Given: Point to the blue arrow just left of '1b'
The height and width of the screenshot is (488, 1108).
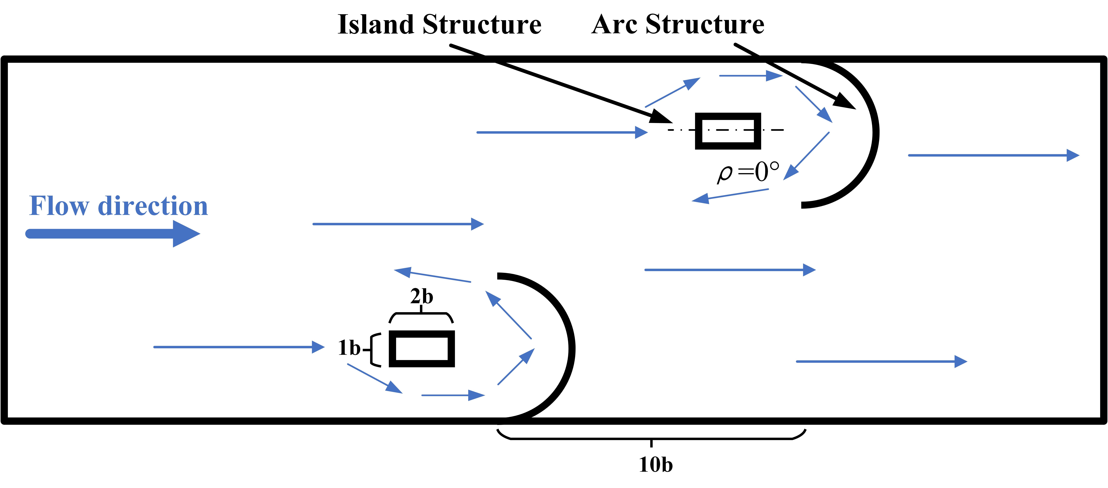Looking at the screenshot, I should pos(239,347).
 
